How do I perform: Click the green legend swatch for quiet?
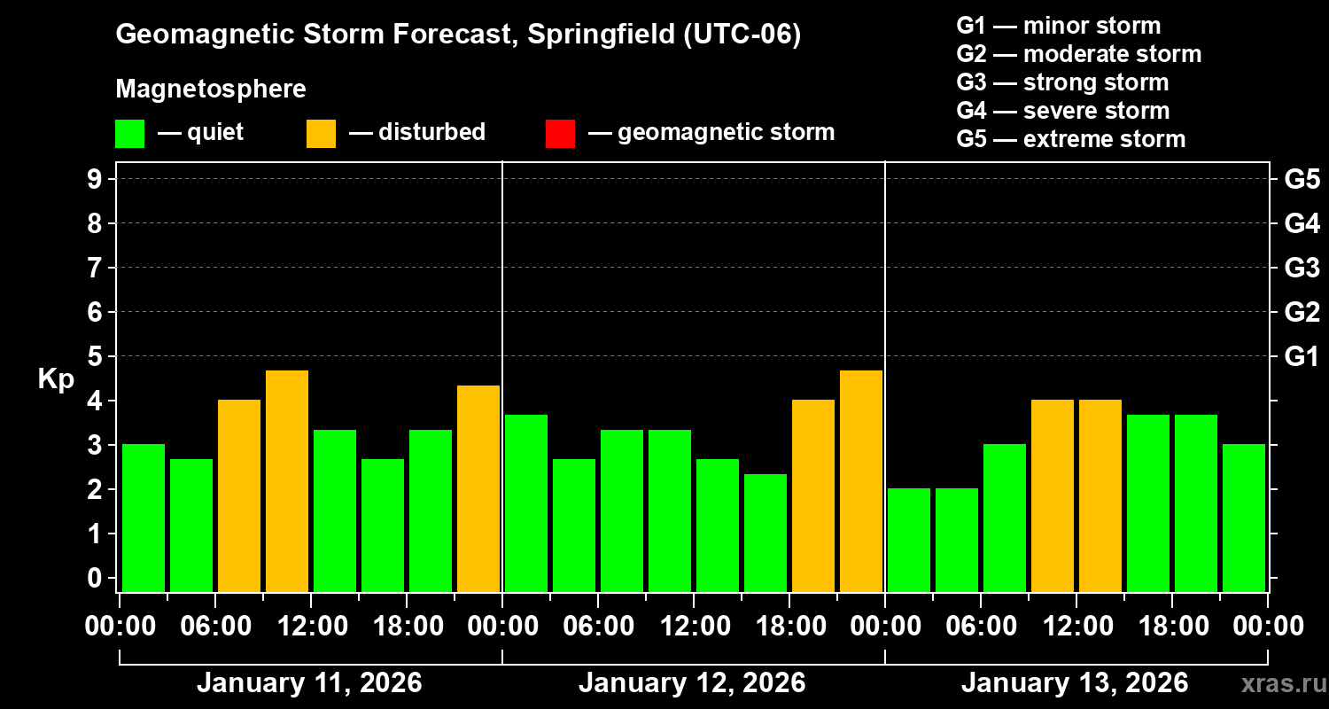point(129,133)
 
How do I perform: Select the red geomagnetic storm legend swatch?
point(560,133)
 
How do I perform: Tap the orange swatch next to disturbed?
point(321,133)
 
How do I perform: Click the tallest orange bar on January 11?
point(287,480)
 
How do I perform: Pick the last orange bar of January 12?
point(861,480)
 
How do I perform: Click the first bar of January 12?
point(526,503)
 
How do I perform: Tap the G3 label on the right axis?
point(1302,268)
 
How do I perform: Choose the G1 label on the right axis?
point(1302,357)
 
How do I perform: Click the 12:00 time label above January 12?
point(695,627)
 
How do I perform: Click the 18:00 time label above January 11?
point(408,627)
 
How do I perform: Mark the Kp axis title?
point(56,379)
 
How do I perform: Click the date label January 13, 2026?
point(1074,683)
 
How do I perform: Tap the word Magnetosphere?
point(211,90)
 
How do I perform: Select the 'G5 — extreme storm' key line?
point(1070,139)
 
